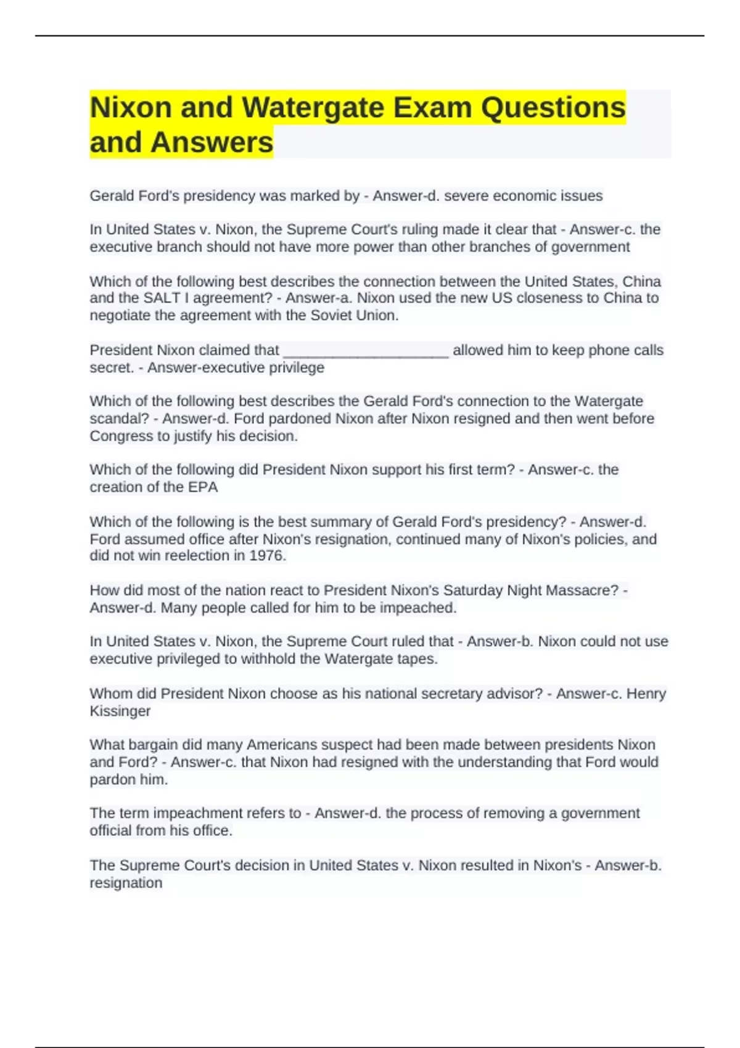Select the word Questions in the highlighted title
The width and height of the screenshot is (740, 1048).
point(553,108)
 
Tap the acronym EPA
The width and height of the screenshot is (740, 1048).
point(203,487)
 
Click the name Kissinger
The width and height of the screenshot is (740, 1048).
point(120,711)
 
